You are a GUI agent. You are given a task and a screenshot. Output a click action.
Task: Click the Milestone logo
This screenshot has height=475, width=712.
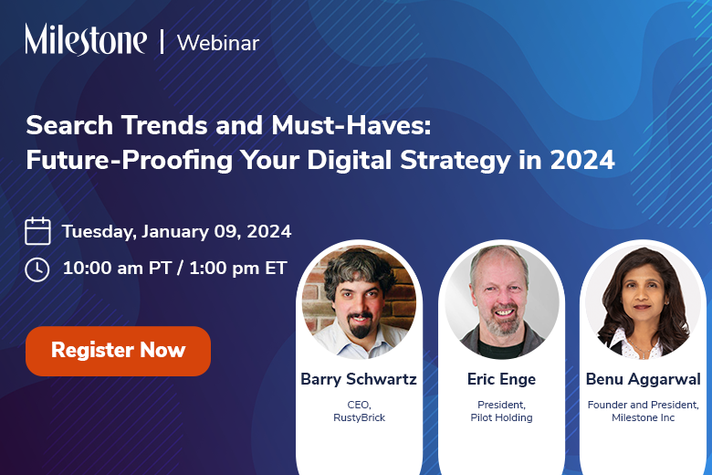[x=86, y=39]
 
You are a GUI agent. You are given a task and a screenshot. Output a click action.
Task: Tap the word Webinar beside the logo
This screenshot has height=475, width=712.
[x=218, y=43]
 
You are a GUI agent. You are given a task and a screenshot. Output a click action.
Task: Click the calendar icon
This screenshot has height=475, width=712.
[x=37, y=231]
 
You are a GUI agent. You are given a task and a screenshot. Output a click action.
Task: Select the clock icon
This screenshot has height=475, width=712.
[x=37, y=269]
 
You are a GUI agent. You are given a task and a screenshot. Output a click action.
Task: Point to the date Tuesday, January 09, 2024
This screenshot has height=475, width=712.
[x=177, y=231]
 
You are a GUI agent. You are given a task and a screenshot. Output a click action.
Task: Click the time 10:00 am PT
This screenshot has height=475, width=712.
[x=117, y=268]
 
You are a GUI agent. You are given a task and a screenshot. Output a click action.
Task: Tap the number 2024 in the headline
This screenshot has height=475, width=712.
[x=582, y=160]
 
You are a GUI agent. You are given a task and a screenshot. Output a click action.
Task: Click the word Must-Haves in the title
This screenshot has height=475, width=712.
[x=351, y=125]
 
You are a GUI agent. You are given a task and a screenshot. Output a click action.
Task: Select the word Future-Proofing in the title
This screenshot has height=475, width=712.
[x=130, y=161]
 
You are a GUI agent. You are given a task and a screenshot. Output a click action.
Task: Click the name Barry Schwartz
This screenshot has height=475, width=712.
[x=359, y=379]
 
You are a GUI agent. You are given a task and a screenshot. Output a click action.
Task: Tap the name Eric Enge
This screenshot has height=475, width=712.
[x=501, y=379]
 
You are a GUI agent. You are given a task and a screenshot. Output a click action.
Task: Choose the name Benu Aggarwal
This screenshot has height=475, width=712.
[x=643, y=379]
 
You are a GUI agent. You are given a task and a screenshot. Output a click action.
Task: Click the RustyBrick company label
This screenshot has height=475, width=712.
[x=359, y=417]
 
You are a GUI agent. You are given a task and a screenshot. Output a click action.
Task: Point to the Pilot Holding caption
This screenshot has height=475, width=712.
[x=501, y=417]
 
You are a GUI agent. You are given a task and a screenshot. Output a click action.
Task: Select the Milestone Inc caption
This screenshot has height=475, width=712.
[x=643, y=417]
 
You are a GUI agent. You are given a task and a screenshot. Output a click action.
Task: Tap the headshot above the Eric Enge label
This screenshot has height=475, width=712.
[x=502, y=301]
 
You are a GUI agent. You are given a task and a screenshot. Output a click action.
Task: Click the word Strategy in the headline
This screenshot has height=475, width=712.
[x=455, y=161]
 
